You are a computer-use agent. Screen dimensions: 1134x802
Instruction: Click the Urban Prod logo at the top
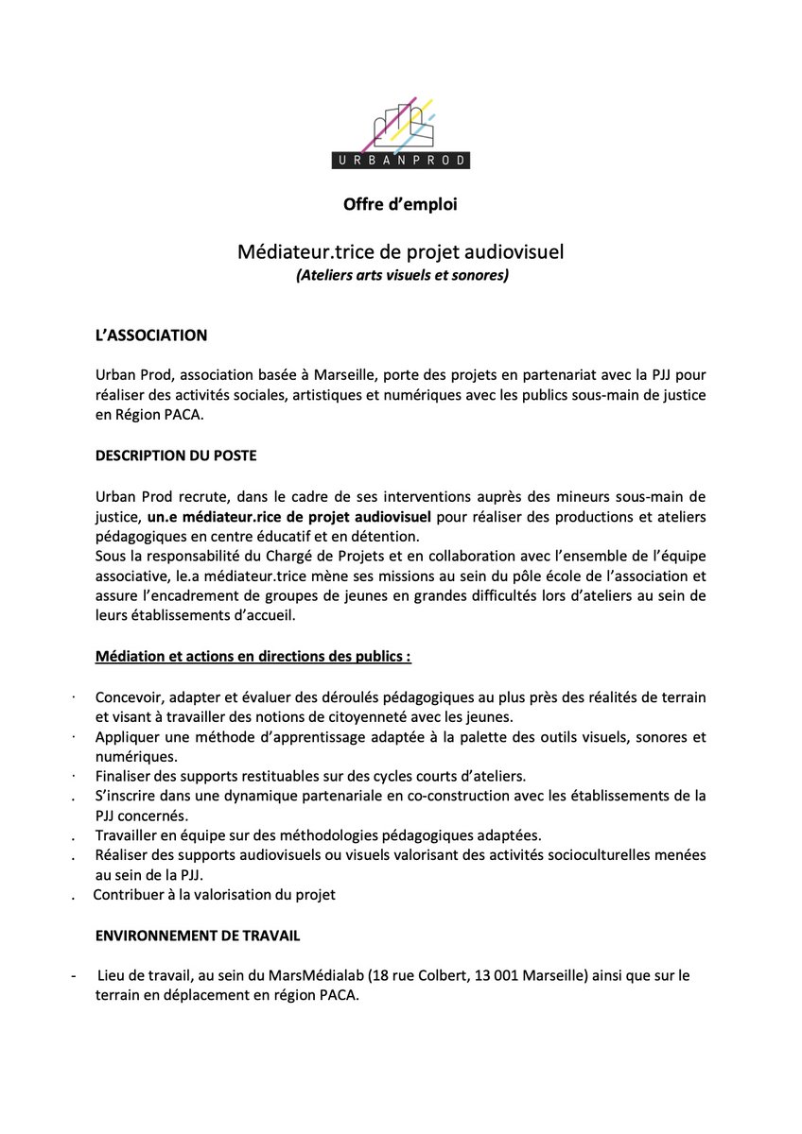[x=401, y=132]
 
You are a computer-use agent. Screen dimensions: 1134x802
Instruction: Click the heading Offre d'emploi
[x=401, y=204]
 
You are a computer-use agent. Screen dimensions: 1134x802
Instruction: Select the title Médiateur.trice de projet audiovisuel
[x=401, y=253]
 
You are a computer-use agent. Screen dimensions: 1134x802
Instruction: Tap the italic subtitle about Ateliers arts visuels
[x=401, y=276]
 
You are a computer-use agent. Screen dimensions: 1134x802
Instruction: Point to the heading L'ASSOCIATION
[x=150, y=335]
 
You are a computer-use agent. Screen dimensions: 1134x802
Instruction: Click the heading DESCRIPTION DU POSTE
[x=176, y=455]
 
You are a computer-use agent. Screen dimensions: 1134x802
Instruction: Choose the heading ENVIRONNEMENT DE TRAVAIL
[x=198, y=936]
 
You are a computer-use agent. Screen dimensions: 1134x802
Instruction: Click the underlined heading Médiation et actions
[x=253, y=656]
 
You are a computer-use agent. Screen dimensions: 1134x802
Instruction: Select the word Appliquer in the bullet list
[x=128, y=737]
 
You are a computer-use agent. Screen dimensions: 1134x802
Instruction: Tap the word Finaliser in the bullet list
[x=126, y=777]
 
